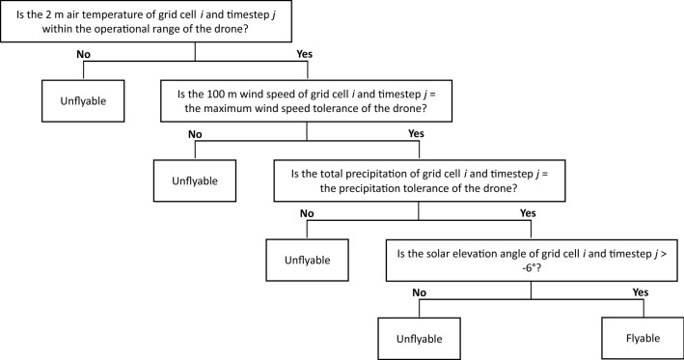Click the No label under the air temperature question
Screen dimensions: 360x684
tap(85, 54)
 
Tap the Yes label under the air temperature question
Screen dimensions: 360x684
tap(303, 54)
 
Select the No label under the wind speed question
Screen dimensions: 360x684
tap(196, 133)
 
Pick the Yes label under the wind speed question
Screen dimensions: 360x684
tap(416, 133)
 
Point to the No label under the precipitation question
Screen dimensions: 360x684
tap(308, 213)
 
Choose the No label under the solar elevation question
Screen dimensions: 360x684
tap(421, 292)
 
